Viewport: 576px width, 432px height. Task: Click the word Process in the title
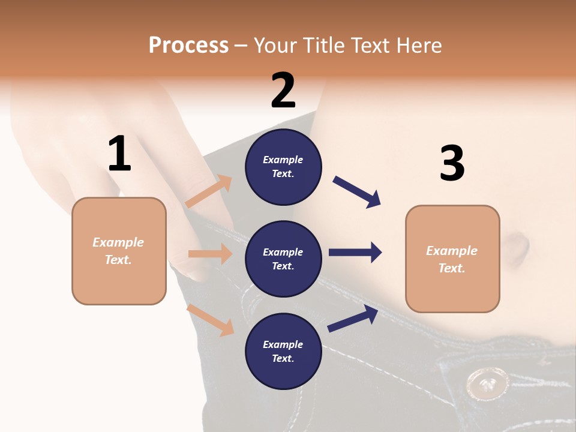point(188,45)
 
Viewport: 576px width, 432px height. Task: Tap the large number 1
point(119,154)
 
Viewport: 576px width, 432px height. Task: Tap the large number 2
point(283,91)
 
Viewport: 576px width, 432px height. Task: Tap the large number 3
point(452,163)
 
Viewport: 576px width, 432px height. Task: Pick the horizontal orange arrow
point(210,254)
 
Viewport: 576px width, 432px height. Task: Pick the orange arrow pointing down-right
point(211,320)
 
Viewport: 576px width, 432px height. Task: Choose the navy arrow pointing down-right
point(357,192)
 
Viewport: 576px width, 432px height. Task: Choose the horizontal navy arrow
point(355,252)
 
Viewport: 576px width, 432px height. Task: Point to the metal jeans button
point(488,383)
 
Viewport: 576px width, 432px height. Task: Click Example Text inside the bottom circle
point(283,352)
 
